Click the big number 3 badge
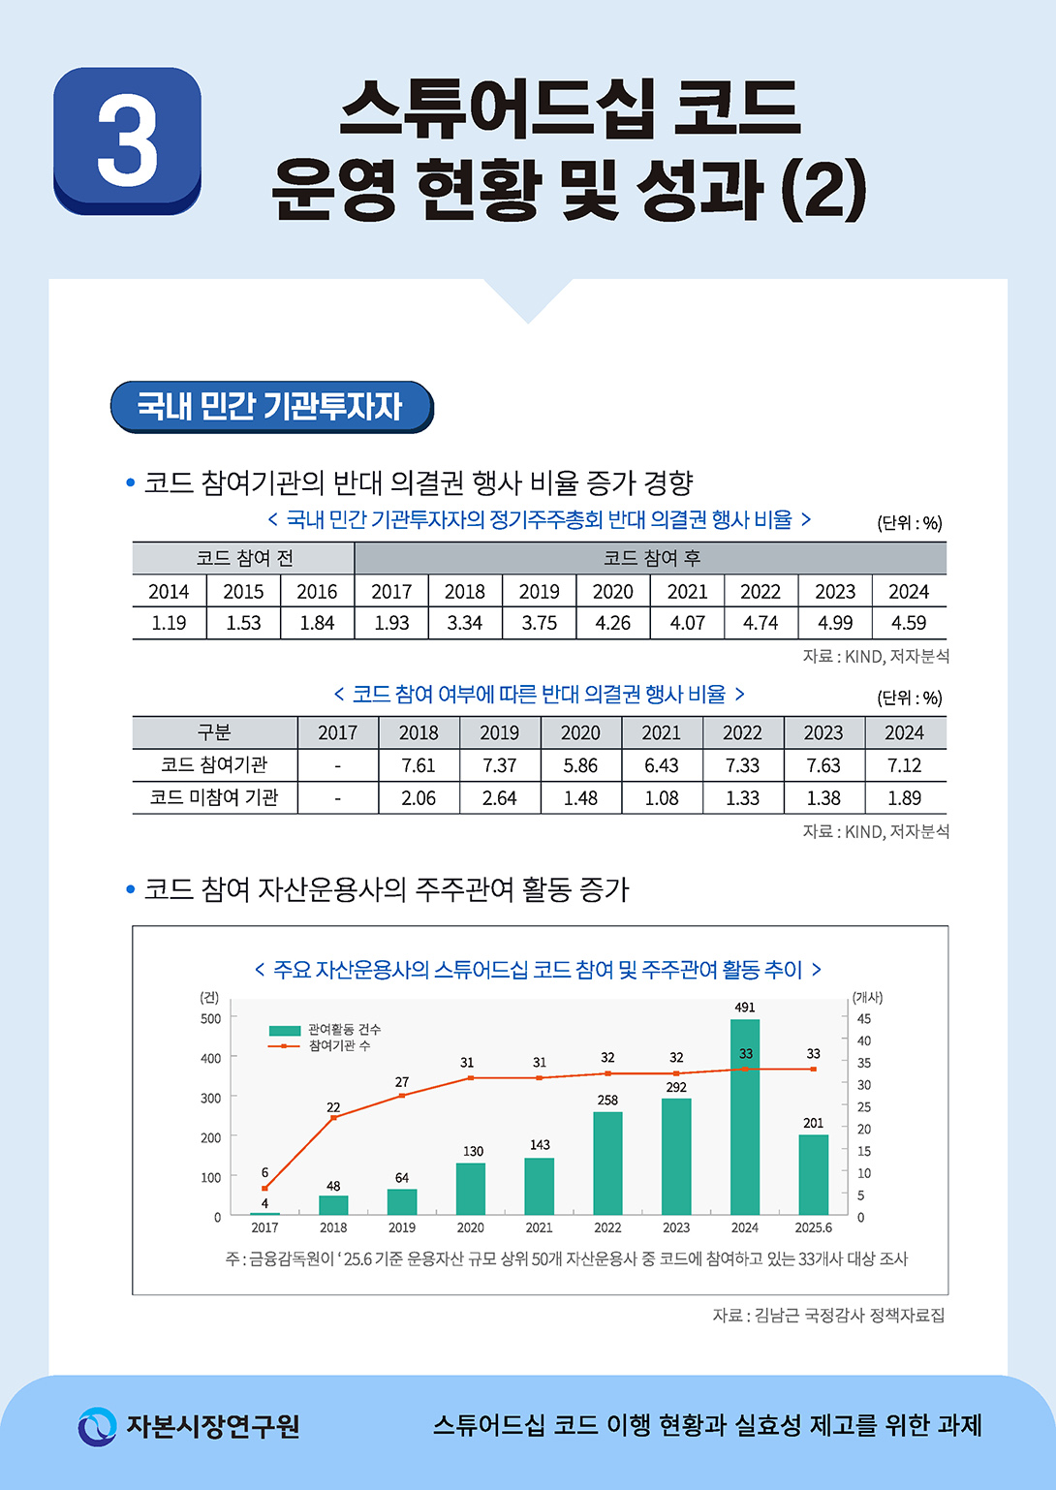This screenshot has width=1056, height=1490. click(x=127, y=140)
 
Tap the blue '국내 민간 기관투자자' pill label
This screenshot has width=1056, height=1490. click(x=271, y=406)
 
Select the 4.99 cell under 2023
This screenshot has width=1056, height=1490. click(x=835, y=623)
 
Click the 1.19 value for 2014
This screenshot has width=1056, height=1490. click(x=169, y=623)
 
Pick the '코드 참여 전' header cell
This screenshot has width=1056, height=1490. click(x=244, y=558)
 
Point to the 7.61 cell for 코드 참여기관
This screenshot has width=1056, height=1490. click(x=419, y=765)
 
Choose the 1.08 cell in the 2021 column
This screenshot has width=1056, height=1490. click(x=662, y=798)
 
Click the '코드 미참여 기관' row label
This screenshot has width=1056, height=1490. click(x=214, y=797)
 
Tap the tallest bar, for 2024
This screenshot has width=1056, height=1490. click(x=744, y=1116)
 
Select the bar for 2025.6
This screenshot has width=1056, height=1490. click(x=813, y=1174)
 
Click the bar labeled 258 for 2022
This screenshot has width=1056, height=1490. click(x=607, y=1163)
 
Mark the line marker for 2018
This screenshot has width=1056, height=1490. click(x=333, y=1118)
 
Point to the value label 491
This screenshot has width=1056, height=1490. click(x=744, y=1008)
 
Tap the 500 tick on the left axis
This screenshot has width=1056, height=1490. click(x=210, y=1018)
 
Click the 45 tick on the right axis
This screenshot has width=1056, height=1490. click(x=863, y=1018)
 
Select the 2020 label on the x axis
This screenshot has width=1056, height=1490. click(x=470, y=1227)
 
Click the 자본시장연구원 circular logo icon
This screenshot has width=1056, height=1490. click(x=97, y=1426)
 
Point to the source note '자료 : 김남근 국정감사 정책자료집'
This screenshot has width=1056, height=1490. click(x=828, y=1315)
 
